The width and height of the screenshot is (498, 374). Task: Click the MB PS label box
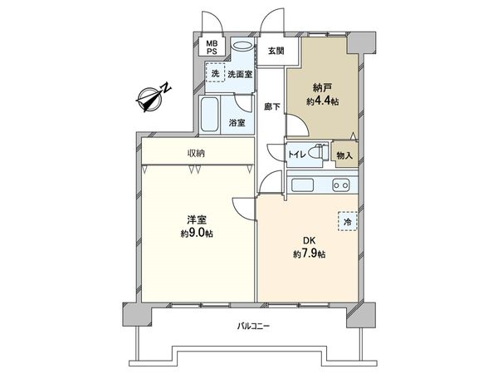click(x=213, y=48)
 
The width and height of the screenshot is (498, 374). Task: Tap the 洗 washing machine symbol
click(x=214, y=75)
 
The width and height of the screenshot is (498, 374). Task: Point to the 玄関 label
click(x=275, y=51)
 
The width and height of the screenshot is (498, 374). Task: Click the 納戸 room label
click(x=322, y=86)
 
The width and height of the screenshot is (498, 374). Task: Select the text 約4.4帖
click(x=322, y=101)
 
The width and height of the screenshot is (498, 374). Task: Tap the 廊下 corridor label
click(x=270, y=106)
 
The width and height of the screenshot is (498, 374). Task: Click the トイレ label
click(x=295, y=154)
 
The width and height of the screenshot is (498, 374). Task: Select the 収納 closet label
click(x=196, y=154)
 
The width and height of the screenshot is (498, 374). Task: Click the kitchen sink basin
click(x=300, y=185)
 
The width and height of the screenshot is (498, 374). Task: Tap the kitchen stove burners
click(x=340, y=185)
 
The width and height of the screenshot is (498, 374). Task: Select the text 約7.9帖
click(x=309, y=253)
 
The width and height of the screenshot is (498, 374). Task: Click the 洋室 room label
click(x=196, y=219)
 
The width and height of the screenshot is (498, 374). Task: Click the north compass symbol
click(x=152, y=97)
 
